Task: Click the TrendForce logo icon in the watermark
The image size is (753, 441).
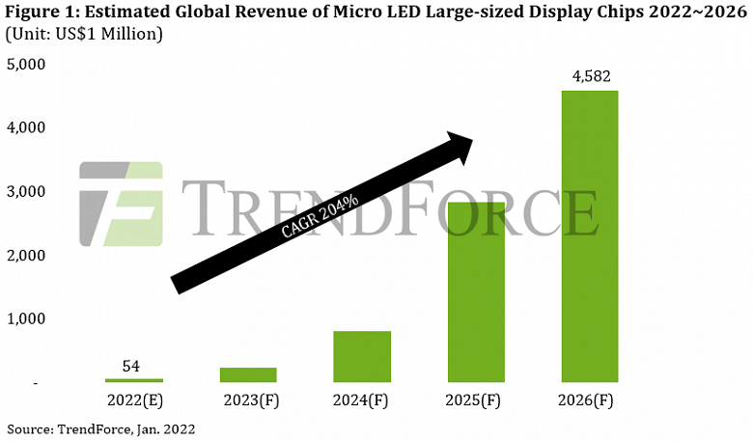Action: (x=121, y=205)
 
